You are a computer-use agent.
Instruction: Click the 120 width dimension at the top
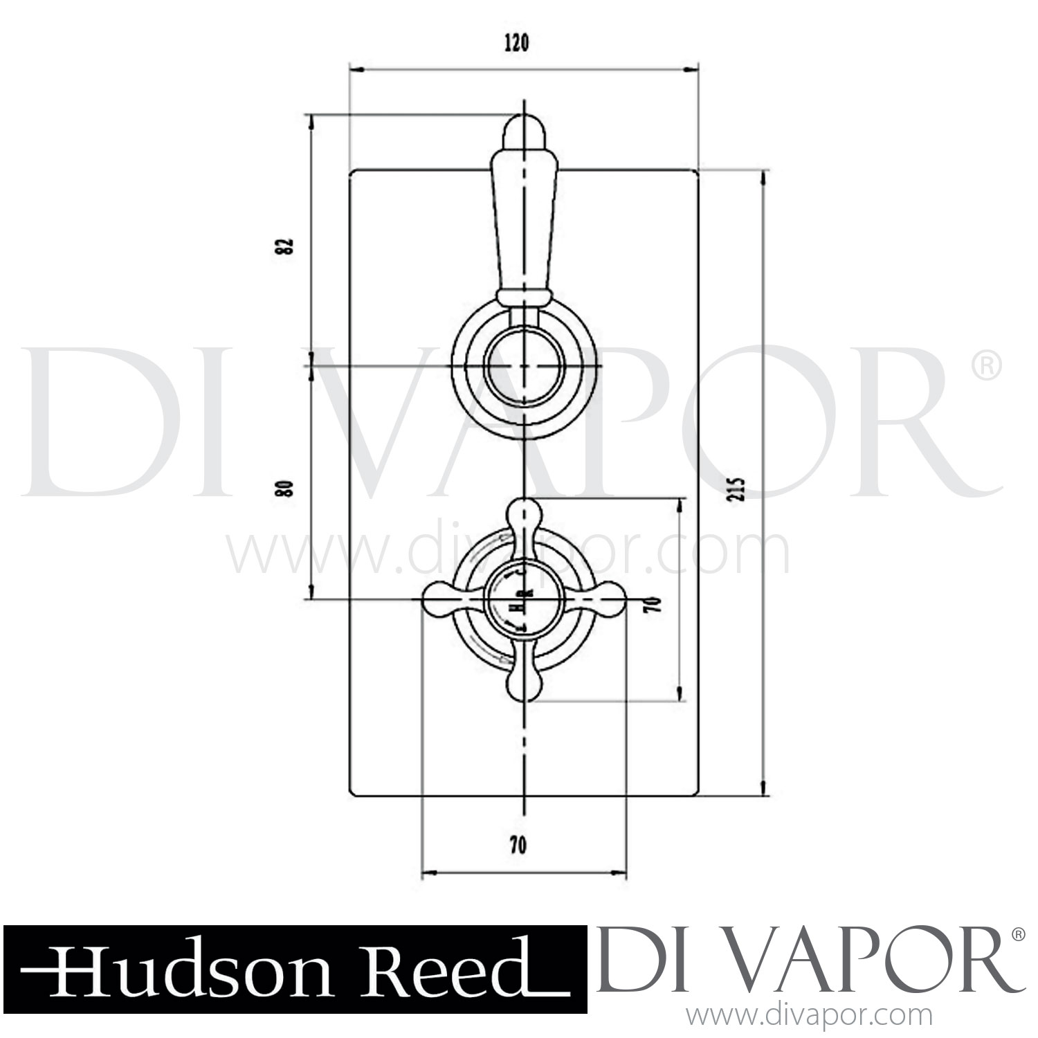point(517,43)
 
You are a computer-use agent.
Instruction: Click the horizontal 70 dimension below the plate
point(518,845)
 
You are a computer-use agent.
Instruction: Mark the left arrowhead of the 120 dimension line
point(356,69)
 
